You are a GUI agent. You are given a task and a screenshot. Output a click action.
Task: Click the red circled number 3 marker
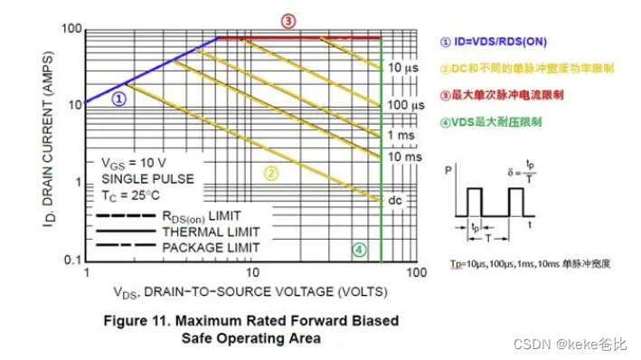(288, 20)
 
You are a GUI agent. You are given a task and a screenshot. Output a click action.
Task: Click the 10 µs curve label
(402, 68)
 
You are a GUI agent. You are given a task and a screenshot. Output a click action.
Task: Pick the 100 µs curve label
(406, 106)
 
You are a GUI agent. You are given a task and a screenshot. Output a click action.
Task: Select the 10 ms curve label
(406, 156)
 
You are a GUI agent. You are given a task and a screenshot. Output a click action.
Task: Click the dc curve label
(395, 199)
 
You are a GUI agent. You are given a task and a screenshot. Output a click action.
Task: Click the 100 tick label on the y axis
(71, 29)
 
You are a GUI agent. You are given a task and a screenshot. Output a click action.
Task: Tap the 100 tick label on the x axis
(416, 271)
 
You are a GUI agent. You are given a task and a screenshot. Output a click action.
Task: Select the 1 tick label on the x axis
(87, 271)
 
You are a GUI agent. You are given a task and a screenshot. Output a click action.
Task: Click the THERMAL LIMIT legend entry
(211, 232)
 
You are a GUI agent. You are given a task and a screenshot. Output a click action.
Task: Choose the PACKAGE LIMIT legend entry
(211, 247)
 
